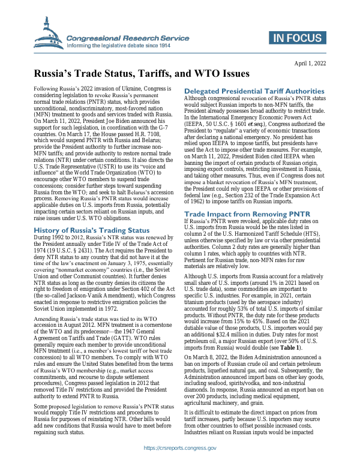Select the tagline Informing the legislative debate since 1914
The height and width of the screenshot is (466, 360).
tap(118, 46)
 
